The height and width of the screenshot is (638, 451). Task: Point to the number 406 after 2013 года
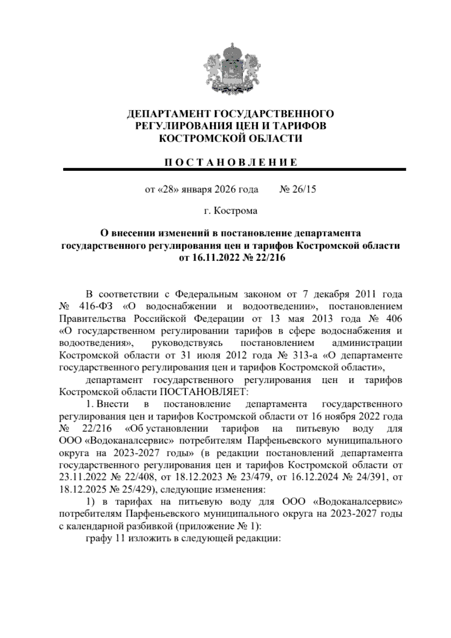tap(393, 319)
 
